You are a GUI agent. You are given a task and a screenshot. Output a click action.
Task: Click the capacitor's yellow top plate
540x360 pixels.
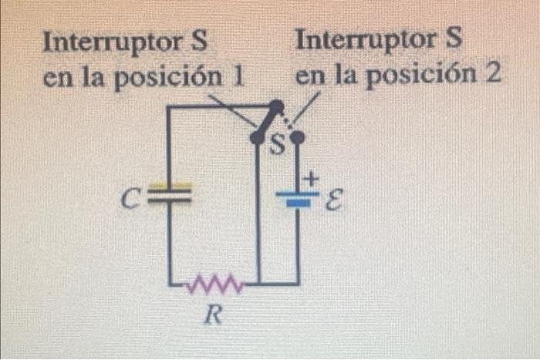(168, 187)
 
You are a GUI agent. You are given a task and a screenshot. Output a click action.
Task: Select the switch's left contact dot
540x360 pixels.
(256, 137)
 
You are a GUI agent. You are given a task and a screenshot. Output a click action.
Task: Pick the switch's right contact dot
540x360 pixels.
(299, 137)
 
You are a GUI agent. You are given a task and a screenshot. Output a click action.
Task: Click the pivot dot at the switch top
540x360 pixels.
(274, 105)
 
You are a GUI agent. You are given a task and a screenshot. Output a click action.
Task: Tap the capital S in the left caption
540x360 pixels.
(197, 42)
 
